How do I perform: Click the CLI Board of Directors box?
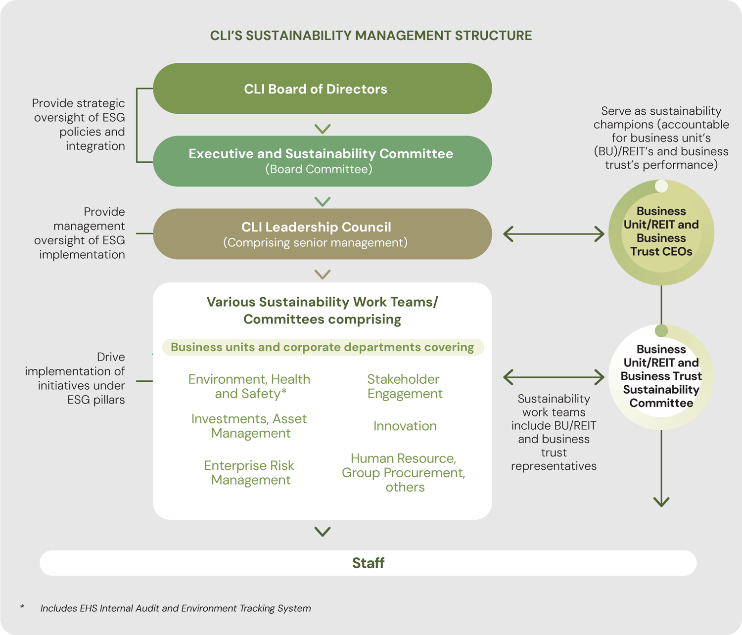322,89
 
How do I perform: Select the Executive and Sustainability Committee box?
322,161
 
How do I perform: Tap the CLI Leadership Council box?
322,234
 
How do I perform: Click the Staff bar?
368,563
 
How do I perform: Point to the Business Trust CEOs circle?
661,232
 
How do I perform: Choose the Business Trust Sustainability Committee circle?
661,376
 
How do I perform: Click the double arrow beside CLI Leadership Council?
554,234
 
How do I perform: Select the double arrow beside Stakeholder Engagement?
554,377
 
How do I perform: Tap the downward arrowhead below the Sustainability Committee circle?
661,501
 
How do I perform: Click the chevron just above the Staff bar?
323,532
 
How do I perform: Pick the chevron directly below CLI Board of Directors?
323,129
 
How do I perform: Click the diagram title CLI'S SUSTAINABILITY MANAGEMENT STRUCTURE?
371,36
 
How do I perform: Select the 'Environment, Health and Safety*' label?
249,386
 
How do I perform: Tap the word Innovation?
405,426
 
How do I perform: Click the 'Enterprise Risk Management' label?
249,473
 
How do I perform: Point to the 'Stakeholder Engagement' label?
404,386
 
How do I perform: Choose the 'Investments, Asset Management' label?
249,426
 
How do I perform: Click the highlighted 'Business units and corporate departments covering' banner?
323,347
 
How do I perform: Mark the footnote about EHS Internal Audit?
176,608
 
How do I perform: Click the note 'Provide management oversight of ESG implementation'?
82,233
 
